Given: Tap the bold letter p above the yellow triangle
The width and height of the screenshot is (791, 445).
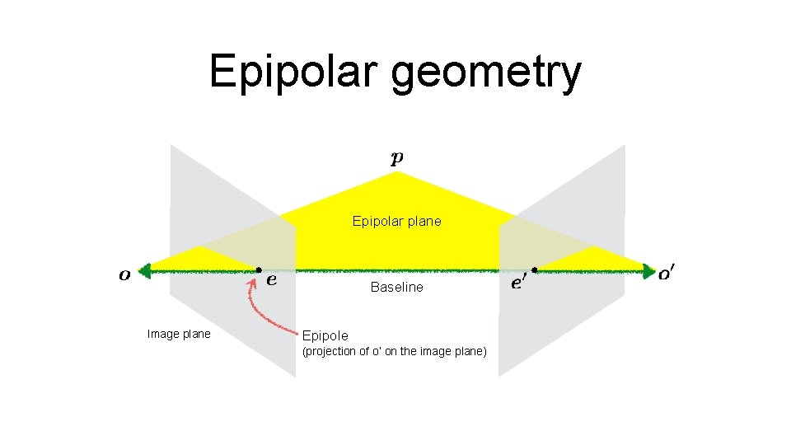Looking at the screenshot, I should (x=397, y=158).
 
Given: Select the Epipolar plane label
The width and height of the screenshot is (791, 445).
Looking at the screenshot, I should (x=396, y=221).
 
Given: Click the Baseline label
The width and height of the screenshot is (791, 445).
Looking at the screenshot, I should (x=396, y=287).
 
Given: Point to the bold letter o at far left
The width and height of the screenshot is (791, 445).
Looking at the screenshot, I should (x=124, y=274).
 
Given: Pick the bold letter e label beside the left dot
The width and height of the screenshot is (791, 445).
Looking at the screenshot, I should (x=272, y=279).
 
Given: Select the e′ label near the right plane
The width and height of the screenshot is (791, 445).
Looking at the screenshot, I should (x=519, y=283).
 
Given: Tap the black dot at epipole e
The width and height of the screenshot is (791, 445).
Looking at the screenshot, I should (x=259, y=269).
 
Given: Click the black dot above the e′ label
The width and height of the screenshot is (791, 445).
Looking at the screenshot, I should (x=534, y=269).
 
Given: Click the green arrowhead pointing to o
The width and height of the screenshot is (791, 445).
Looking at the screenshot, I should (x=145, y=269).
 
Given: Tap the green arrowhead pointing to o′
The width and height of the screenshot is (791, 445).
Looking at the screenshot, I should (x=648, y=269).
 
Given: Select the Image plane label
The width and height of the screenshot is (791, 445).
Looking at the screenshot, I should (x=179, y=334).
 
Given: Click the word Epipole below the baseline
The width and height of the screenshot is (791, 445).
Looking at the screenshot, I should (x=325, y=335).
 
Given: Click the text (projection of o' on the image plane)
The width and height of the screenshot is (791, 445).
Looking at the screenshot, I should (x=395, y=352).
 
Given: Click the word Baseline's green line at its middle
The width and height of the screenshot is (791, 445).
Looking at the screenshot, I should (x=396, y=269).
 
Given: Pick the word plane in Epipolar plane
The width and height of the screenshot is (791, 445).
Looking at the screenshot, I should (x=424, y=221).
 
